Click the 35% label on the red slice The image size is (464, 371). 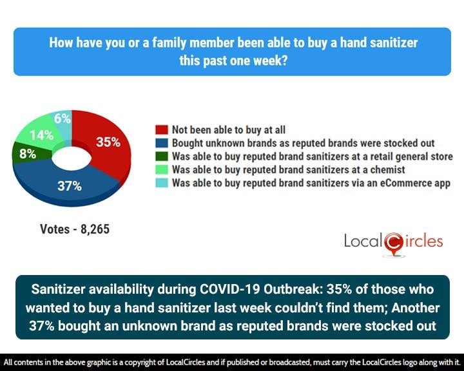pos(108,142)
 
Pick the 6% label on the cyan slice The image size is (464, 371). pos(62,118)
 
